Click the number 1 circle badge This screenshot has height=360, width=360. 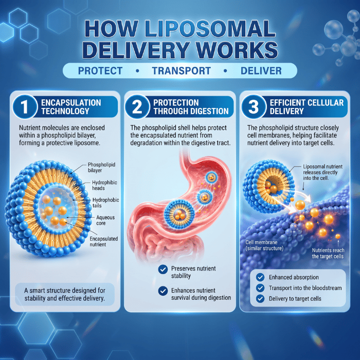click(x=25, y=106)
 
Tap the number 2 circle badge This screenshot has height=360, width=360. click(x=137, y=106)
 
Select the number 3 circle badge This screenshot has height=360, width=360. click(x=254, y=106)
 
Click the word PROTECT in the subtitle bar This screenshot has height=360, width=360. click(x=100, y=71)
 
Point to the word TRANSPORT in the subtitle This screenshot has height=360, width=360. click(x=182, y=71)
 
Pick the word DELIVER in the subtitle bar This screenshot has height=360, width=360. click(x=261, y=71)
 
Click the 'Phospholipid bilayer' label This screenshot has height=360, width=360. click(x=101, y=167)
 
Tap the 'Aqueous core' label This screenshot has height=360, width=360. click(x=105, y=220)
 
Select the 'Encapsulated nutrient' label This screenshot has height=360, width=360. click(x=103, y=242)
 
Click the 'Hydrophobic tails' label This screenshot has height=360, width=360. click(x=105, y=203)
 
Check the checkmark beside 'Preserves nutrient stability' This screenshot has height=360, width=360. click(x=163, y=269)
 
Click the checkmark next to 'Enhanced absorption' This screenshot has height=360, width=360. click(x=260, y=277)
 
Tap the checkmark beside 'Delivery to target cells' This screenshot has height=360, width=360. click(x=260, y=299)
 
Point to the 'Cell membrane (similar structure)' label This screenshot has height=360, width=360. click(x=264, y=245)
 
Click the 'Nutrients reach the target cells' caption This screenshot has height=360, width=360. click(x=328, y=253)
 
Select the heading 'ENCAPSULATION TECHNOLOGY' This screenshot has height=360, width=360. click(x=71, y=107)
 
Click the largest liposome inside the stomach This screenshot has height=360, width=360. click(x=179, y=214)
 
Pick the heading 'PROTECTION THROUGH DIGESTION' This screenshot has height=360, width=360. click(x=191, y=107)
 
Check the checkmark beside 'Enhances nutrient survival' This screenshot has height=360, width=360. click(x=163, y=291)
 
